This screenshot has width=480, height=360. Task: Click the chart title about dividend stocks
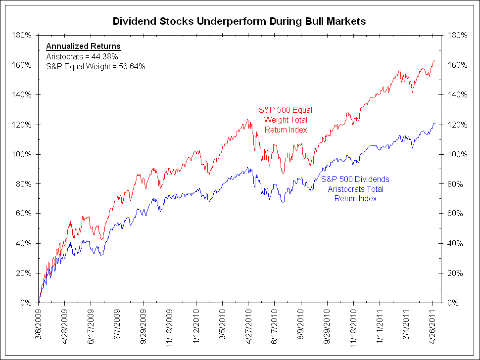point(240,21)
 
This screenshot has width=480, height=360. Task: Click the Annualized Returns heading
point(83,46)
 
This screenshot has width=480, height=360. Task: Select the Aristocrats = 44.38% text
point(82,56)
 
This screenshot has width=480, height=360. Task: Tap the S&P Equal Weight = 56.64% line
point(96,66)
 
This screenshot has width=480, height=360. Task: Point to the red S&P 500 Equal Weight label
point(286,120)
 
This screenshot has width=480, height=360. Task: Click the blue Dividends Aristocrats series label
point(355,189)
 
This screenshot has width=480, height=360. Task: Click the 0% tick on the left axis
point(27,303)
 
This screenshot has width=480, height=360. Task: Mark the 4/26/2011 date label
point(432,323)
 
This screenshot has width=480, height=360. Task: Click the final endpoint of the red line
point(435,60)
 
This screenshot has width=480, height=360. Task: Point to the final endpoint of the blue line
point(435,123)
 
